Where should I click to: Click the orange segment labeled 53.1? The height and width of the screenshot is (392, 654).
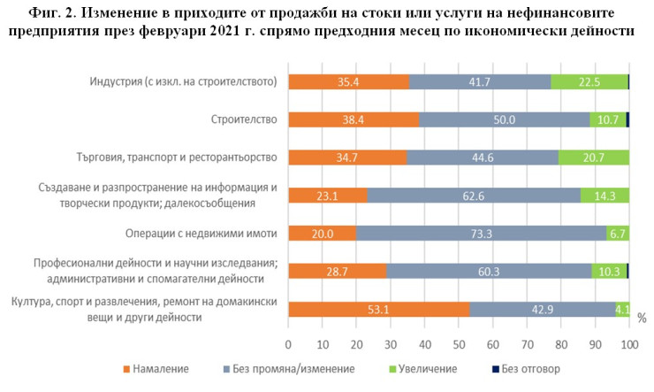pyautogui.click(x=379, y=309)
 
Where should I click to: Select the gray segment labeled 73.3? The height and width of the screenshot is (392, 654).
pyautogui.click(x=481, y=234)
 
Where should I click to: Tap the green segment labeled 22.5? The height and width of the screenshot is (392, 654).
pyautogui.click(x=589, y=82)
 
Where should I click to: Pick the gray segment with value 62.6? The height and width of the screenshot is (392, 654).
pyautogui.click(x=473, y=196)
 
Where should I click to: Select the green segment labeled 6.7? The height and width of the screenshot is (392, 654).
pyautogui.click(x=618, y=234)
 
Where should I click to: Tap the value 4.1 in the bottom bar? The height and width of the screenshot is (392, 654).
pyautogui.click(x=621, y=309)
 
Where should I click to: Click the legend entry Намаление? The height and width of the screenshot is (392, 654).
pyautogui.click(x=165, y=367)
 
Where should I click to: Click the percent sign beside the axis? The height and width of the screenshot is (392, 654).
pyautogui.click(x=641, y=317)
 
